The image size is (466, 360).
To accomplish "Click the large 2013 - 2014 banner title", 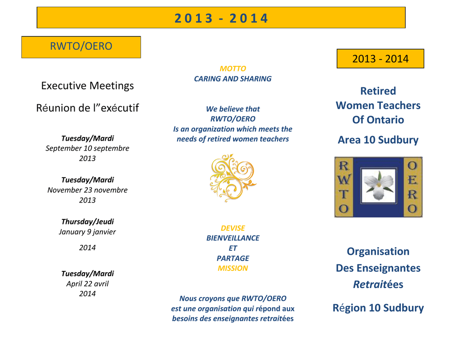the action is pos(221,18).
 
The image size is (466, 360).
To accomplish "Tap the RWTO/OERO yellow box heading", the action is pos(81,46).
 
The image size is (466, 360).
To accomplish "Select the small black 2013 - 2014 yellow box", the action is pos(380,59).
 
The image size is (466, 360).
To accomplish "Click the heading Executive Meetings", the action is pos(87,86).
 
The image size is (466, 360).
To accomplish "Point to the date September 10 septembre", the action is pos(87,148).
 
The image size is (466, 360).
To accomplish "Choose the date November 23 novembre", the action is pos(87,190).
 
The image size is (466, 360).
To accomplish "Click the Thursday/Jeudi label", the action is pos(87,222).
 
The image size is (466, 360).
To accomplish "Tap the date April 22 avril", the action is pos(87,284).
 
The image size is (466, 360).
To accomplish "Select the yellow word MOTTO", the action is pos(233,69).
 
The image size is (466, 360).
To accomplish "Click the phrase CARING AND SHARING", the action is pos(233,79).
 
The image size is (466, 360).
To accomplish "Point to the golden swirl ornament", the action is pos(233,178).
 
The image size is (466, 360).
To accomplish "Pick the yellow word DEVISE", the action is pos(233,228).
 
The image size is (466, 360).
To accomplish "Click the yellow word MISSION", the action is pos(233,268).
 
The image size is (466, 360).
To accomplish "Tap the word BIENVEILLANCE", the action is pos(233,238).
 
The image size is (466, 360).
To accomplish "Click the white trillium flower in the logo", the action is pos(379,186).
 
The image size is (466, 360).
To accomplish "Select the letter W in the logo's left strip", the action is pos(344,180).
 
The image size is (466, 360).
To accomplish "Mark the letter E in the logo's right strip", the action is pos(412,180).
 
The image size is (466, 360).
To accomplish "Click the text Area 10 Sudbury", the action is pos(378,140).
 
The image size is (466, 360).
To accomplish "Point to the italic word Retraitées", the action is pos(378,284).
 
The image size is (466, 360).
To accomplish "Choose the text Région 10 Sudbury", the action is pos(378,308).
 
